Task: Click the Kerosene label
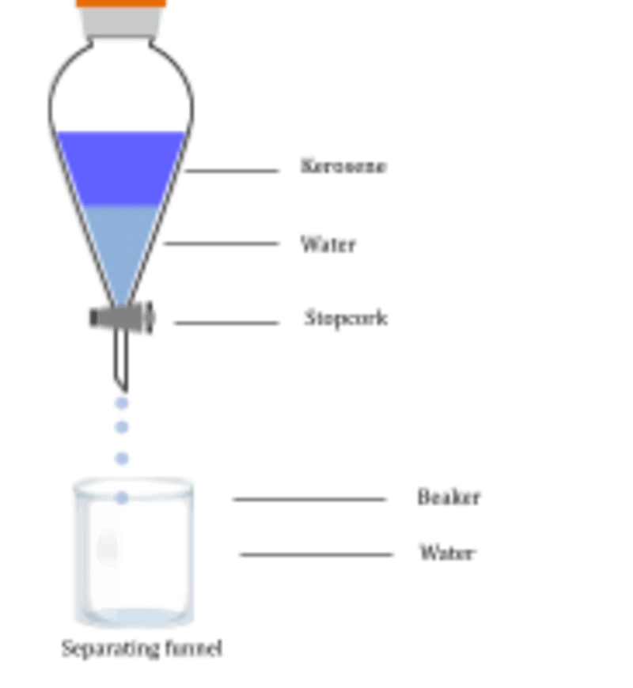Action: (x=344, y=167)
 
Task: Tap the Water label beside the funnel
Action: (x=329, y=244)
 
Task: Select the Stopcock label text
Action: (x=345, y=319)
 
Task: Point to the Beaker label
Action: (x=449, y=497)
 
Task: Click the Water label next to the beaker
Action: (x=448, y=552)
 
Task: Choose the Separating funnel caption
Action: (x=142, y=649)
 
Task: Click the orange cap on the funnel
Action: (x=120, y=4)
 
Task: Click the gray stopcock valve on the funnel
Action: (x=120, y=319)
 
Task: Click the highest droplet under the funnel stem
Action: (x=121, y=404)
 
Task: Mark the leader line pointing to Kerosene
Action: (x=233, y=170)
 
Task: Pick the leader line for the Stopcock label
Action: (x=226, y=323)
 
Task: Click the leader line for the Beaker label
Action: (x=309, y=499)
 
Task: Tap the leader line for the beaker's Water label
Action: (x=316, y=555)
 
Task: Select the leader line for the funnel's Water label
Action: (x=222, y=244)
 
